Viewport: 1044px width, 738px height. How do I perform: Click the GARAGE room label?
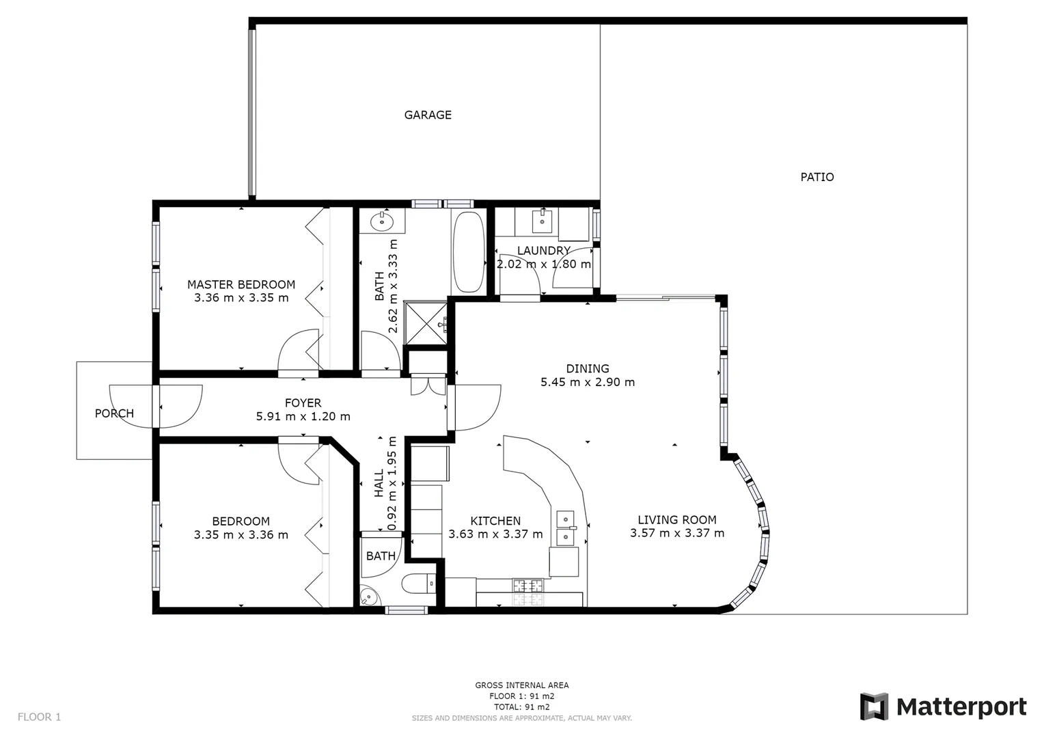(428, 115)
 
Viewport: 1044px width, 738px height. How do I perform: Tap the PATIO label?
(816, 177)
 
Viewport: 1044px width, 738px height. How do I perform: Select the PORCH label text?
(114, 413)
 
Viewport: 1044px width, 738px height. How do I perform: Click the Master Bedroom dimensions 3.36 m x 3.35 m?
(241, 298)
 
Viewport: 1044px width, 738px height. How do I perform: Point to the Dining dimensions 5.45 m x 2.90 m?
(588, 382)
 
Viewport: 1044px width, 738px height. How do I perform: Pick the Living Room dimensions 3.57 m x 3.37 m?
(676, 533)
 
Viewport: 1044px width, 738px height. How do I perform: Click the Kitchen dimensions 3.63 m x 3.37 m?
(495, 534)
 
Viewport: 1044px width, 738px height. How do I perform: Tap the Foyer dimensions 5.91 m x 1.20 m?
(303, 416)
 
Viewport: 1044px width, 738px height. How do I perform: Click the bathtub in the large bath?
(467, 253)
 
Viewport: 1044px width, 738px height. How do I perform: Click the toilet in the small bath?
(416, 584)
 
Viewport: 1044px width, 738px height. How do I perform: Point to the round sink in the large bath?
(380, 221)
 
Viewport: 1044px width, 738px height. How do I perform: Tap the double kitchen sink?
(566, 529)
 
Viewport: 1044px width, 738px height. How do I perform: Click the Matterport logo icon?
(873, 707)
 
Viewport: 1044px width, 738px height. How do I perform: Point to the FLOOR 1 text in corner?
(39, 717)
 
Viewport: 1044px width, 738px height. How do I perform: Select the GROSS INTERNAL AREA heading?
(521, 685)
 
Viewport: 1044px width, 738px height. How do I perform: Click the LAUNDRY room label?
(543, 251)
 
